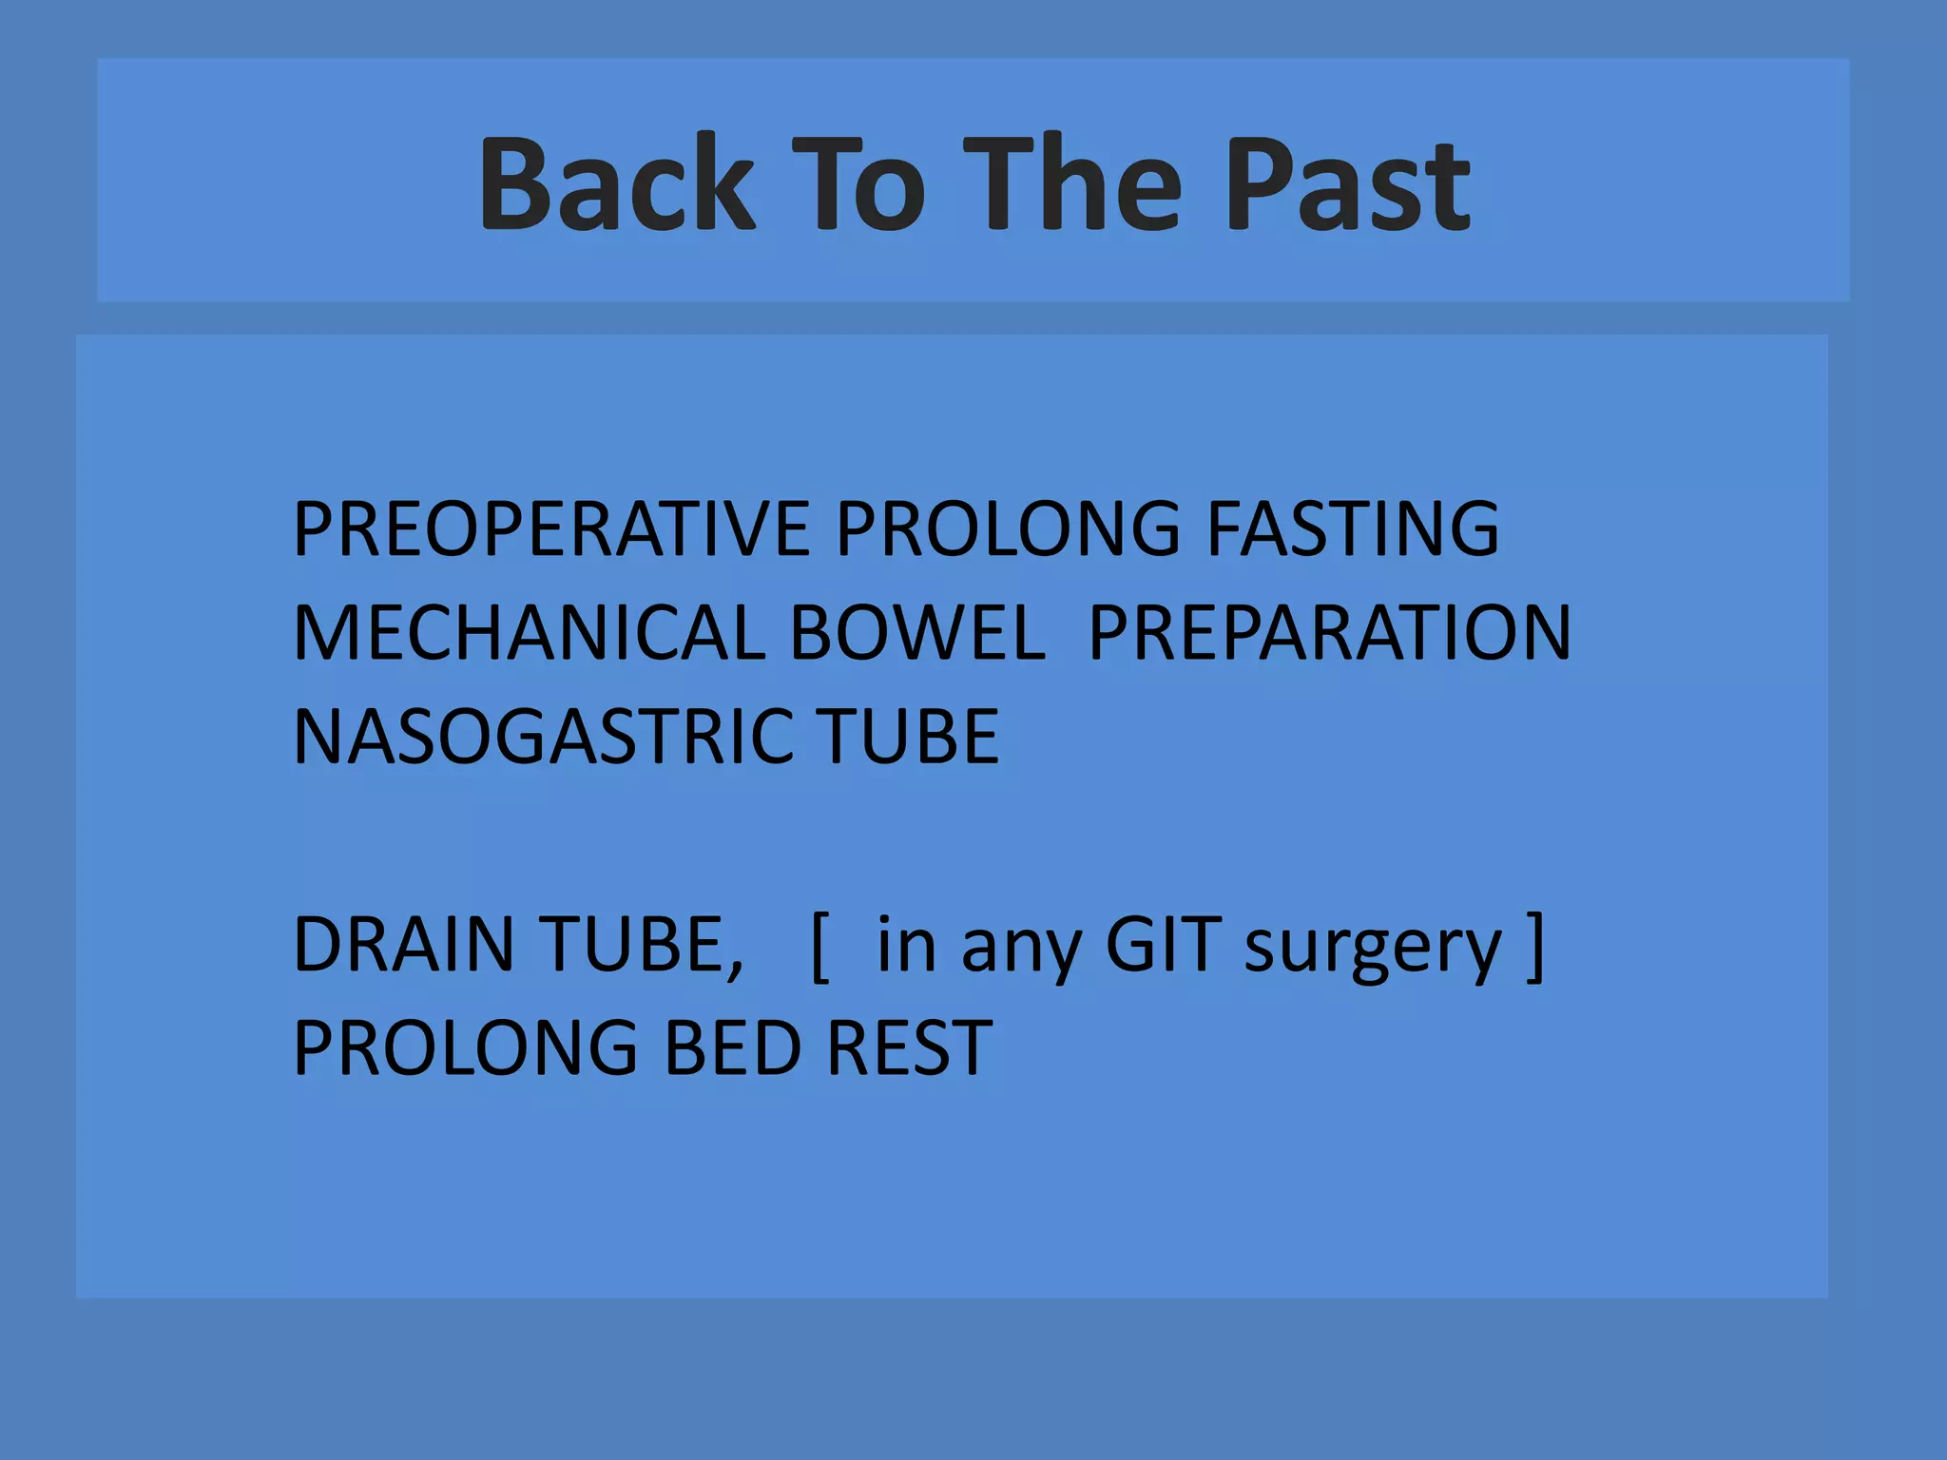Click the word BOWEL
tap(917, 633)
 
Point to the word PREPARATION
tap(1330, 633)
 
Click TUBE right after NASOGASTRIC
tap(910, 737)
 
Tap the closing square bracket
tap(1534, 946)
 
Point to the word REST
tap(910, 1047)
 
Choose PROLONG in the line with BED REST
tap(466, 1047)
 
